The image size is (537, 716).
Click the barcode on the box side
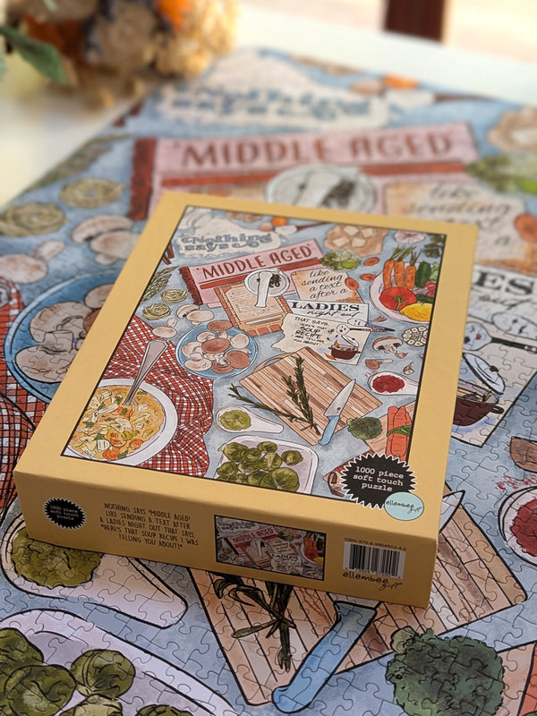tap(374, 561)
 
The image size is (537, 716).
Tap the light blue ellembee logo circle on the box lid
tap(405, 506)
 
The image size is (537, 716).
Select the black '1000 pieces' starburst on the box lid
tap(376, 479)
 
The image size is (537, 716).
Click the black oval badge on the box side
tap(64, 514)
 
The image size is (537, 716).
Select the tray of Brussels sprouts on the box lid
tap(266, 463)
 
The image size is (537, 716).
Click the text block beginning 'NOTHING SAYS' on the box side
tap(148, 529)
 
